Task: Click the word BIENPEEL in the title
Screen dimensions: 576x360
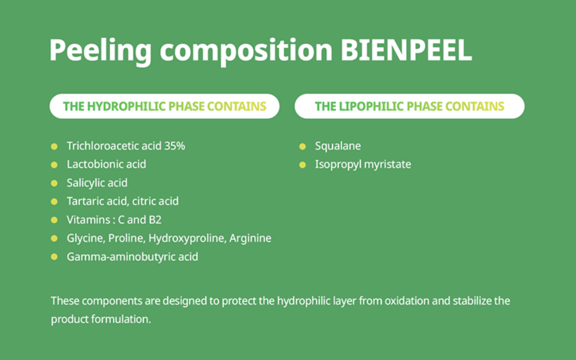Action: point(406,50)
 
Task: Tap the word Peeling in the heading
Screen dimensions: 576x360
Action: point(100,51)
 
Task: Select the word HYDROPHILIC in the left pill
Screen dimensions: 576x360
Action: point(126,106)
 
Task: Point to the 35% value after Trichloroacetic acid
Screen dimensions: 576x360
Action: point(174,146)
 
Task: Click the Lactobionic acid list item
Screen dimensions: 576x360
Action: point(106,164)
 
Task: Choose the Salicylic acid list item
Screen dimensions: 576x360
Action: point(97,183)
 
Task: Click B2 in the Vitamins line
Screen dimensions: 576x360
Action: point(155,220)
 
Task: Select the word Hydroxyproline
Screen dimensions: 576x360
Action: point(187,238)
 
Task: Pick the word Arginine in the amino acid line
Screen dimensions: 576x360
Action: point(250,238)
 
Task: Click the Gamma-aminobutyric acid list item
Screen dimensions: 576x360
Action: point(132,257)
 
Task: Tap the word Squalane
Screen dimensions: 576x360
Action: point(338,146)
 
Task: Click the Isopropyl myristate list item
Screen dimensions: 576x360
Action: point(363,165)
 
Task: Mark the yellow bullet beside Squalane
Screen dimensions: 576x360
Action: point(302,147)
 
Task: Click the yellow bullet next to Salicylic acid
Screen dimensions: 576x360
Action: point(54,183)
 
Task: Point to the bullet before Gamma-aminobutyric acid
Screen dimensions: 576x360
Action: point(54,257)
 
